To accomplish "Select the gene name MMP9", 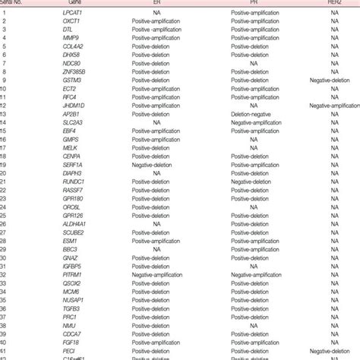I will point(71,38).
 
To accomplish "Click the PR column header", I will point(251,3).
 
